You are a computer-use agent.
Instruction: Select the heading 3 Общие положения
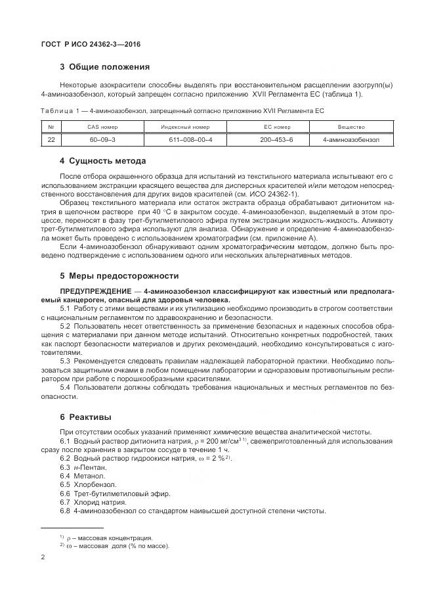tap(104, 67)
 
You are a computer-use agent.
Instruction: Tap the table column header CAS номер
tap(102, 126)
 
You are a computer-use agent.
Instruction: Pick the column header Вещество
tap(351, 126)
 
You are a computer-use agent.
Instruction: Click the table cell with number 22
tap(51, 139)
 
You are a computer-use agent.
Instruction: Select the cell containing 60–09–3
tap(102, 139)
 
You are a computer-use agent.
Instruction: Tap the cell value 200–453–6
tap(276, 139)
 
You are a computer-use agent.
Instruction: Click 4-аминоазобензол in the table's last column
tap(351, 139)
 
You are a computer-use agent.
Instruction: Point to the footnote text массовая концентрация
tap(119, 537)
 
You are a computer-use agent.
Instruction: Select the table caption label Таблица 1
tap(62, 111)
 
